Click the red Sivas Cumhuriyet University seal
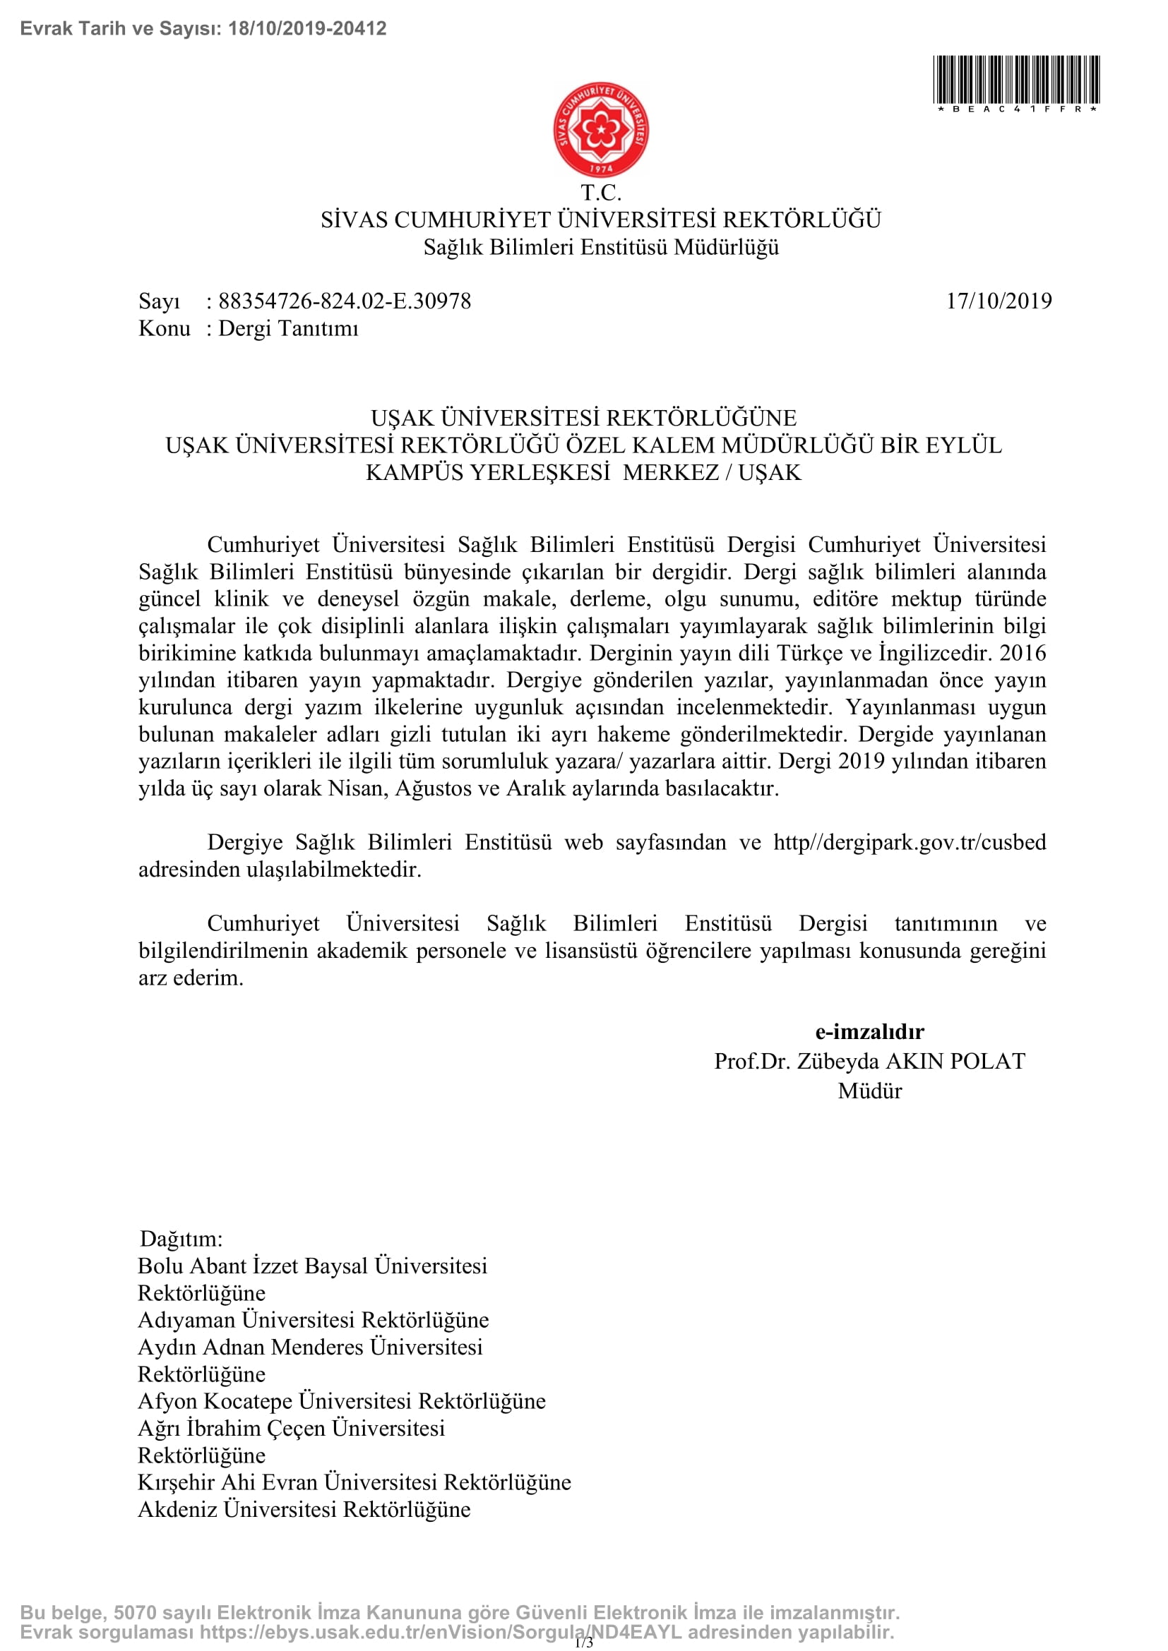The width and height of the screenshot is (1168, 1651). pos(600,129)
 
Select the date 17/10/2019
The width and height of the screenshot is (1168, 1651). pos(999,301)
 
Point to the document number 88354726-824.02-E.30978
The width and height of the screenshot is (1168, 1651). pos(345,301)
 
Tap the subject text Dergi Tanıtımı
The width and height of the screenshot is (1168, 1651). pos(287,329)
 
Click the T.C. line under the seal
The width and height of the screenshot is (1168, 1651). pos(600,193)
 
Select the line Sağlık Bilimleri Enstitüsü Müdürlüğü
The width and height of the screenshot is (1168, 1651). pos(600,247)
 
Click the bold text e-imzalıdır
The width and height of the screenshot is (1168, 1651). pos(869,1032)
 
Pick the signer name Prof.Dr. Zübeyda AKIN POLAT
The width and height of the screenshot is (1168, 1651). pos(869,1062)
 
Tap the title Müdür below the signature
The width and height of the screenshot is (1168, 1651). pos(869,1091)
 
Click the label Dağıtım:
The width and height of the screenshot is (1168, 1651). pos(181,1238)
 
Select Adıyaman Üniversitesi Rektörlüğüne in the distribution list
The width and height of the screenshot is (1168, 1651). pos(313,1319)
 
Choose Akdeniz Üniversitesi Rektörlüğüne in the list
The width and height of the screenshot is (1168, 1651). pos(304,1508)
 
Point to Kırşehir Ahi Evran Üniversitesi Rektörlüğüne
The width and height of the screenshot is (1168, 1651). pos(354,1482)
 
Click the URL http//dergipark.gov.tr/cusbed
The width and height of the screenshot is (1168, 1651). pos(909,842)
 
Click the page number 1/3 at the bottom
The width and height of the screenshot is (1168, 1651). pos(584,1643)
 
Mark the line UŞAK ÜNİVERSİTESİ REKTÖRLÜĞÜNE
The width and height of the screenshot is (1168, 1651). pos(583,418)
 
